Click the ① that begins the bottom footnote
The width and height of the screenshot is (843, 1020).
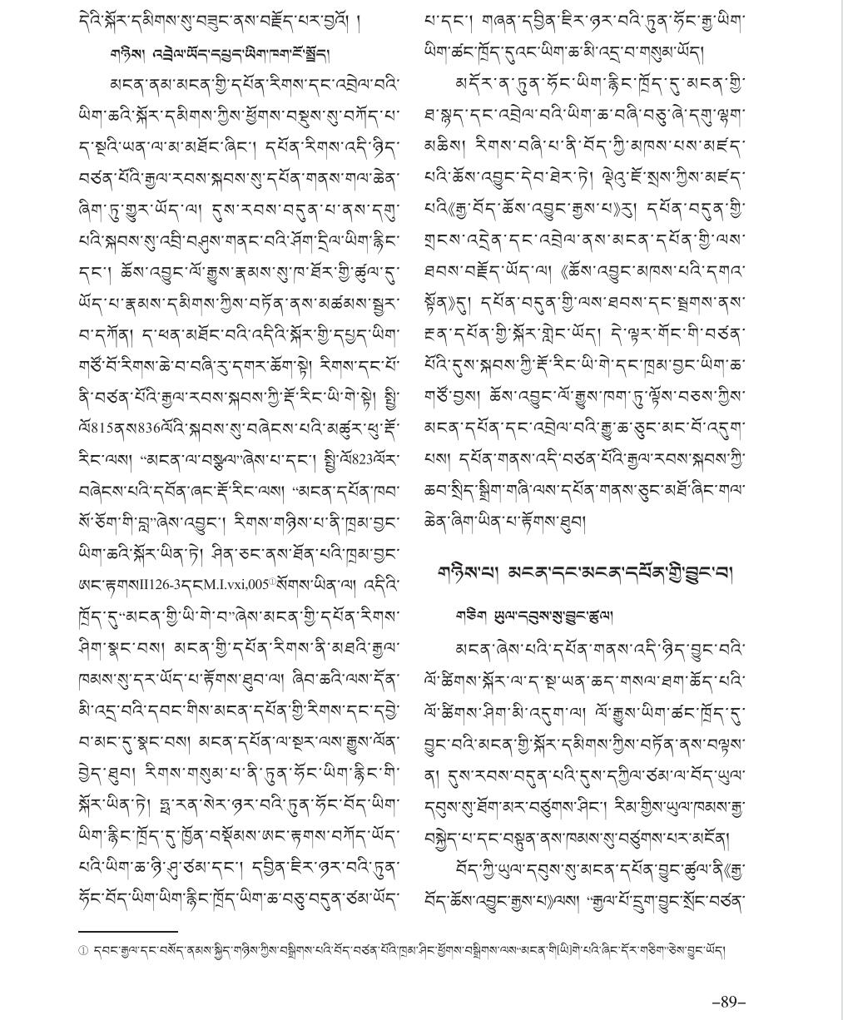(x=83, y=951)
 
